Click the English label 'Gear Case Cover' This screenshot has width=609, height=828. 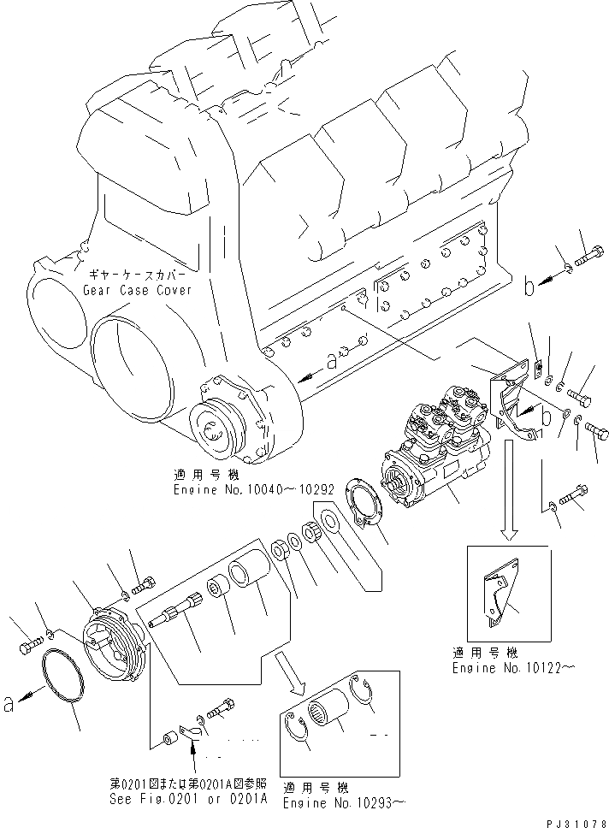[136, 290]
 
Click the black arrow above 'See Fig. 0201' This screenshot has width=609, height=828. [193, 753]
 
